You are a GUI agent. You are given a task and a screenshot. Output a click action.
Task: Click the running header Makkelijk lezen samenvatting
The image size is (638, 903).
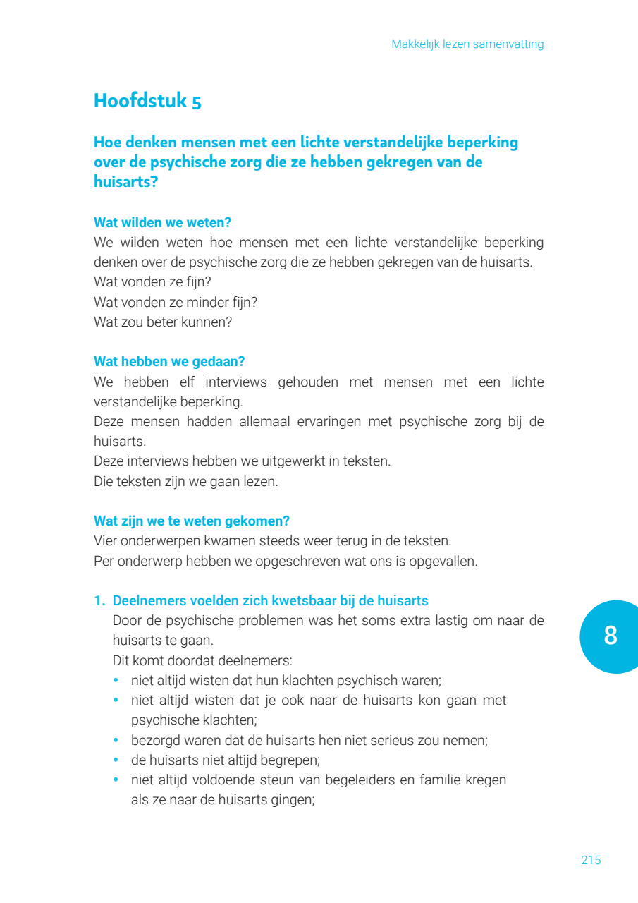[x=467, y=44]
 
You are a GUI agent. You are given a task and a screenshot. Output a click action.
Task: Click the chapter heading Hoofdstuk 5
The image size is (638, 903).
[x=147, y=100]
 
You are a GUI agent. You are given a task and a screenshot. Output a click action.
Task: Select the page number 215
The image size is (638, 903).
[x=591, y=860]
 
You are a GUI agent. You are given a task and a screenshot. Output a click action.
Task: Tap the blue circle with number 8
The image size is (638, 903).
[x=610, y=636]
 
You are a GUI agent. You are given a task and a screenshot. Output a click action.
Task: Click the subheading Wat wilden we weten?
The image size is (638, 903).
[x=162, y=222]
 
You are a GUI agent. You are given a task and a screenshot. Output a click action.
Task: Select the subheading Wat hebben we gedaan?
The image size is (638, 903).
[x=169, y=361]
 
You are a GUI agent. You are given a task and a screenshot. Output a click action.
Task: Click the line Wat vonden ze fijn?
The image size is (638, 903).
[x=152, y=282]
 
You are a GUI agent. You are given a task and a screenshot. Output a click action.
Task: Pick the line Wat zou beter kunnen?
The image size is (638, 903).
[x=163, y=322]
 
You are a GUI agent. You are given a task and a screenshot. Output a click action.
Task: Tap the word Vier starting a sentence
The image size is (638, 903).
[x=106, y=541]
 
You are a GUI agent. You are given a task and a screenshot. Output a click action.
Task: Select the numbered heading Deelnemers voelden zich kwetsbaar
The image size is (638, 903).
[x=270, y=601]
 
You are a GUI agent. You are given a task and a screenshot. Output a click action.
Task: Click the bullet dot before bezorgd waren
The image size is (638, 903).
[x=117, y=741]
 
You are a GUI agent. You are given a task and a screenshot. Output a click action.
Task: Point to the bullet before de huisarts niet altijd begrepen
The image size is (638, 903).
[x=117, y=760]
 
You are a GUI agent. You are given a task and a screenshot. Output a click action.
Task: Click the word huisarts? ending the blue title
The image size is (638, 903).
[x=125, y=182]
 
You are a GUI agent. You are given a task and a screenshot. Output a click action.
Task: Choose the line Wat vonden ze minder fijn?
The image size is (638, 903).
[x=176, y=302]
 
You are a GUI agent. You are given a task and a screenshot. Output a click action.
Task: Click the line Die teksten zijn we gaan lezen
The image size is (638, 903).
[x=186, y=482]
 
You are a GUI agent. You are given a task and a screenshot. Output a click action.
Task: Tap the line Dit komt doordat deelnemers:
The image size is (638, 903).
[x=202, y=661]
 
